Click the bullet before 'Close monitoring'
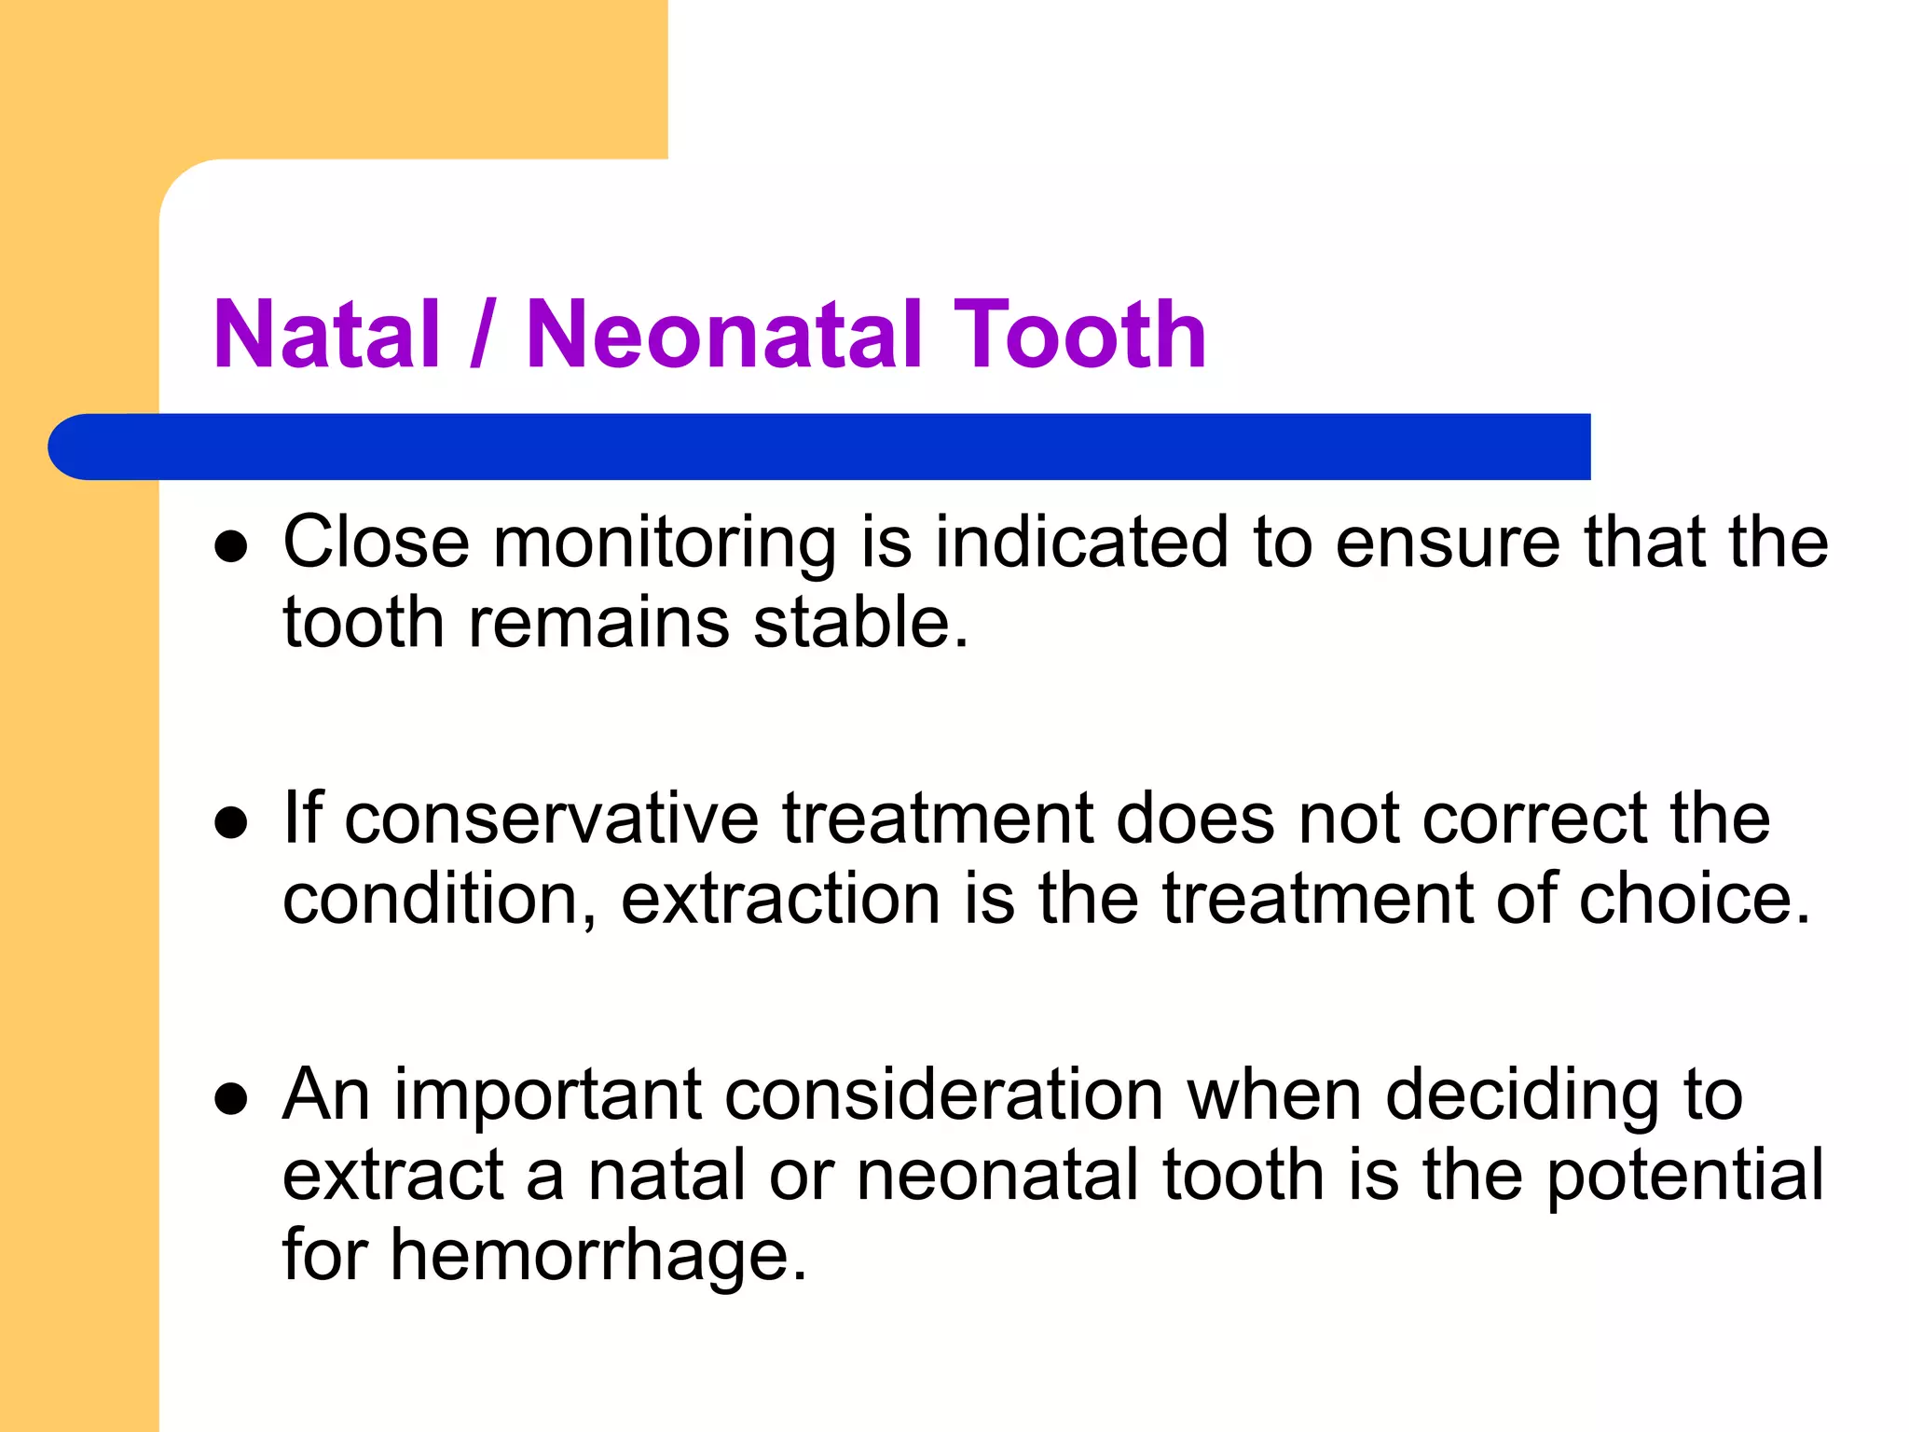tap(230, 546)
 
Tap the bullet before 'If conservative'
tap(230, 822)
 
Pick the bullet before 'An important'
tap(230, 1098)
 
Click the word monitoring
tap(664, 543)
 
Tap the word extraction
tap(780, 899)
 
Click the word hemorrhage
tap(597, 1255)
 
